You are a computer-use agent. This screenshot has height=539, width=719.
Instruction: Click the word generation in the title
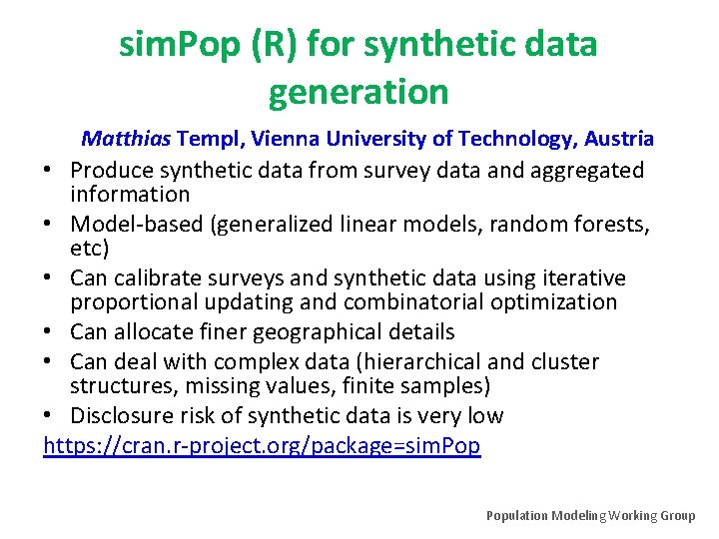tap(359, 93)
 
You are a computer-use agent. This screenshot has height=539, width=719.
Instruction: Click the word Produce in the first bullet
tap(109, 171)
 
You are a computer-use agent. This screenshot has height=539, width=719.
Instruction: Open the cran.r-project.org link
tap(262, 446)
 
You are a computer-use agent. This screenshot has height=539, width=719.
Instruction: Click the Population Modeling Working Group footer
tap(590, 516)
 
